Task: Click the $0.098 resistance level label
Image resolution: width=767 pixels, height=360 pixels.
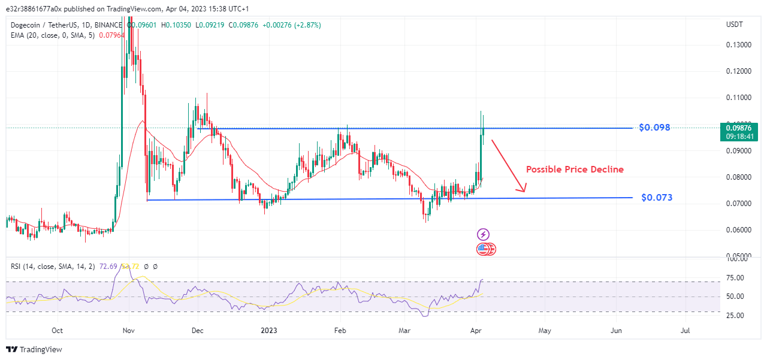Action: click(x=654, y=128)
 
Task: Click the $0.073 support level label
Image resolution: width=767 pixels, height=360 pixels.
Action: click(x=656, y=197)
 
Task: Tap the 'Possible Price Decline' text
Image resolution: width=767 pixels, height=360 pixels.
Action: click(x=575, y=170)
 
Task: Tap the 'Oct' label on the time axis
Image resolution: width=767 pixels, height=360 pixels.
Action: click(x=58, y=330)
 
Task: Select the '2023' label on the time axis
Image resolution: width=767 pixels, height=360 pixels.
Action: click(x=268, y=330)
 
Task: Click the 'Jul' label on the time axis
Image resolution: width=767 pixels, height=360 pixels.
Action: click(x=686, y=330)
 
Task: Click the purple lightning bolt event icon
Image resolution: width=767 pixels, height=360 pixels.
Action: click(x=483, y=235)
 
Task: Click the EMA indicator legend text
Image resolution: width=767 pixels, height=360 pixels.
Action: click(x=56, y=35)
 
